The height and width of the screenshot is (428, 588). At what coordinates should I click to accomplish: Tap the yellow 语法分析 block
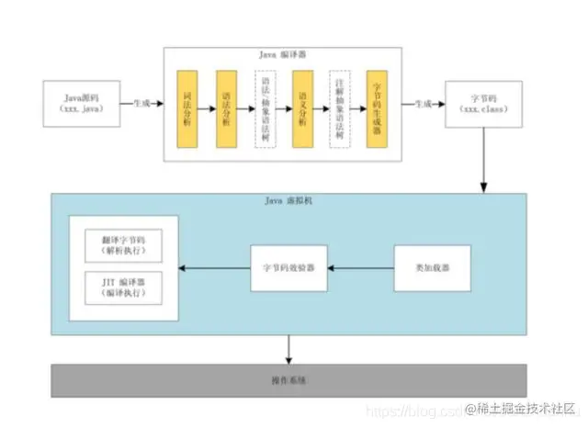227,107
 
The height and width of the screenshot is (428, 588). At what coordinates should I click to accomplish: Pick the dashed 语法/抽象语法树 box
265,107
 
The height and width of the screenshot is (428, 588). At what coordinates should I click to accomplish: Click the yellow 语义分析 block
302,107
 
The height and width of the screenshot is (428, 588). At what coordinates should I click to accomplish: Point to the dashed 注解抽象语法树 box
339,107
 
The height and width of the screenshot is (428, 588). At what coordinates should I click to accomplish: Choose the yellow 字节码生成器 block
377,107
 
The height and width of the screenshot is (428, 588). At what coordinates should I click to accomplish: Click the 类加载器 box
432,268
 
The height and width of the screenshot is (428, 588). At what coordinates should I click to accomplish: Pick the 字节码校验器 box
289,268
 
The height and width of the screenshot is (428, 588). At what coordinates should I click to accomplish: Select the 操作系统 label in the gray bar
288,379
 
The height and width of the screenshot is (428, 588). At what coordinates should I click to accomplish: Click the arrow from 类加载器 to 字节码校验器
361,268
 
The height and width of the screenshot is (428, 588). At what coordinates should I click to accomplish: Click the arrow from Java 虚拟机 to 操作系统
289,348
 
